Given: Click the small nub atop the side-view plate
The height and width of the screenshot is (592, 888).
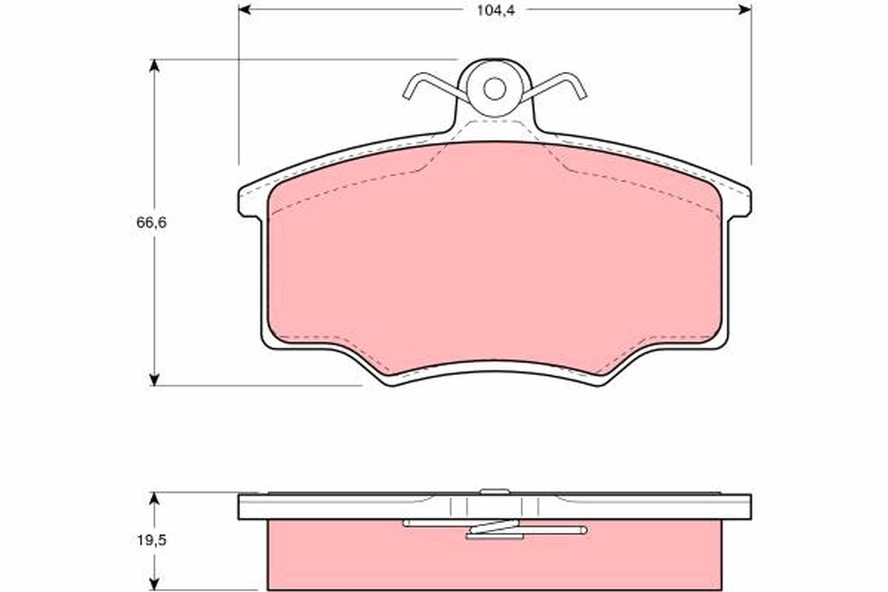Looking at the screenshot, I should [x=494, y=491].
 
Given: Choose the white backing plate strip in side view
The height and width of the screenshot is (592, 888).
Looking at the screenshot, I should [x=333, y=507].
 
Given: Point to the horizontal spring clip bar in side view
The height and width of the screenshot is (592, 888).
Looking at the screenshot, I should [x=548, y=530].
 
